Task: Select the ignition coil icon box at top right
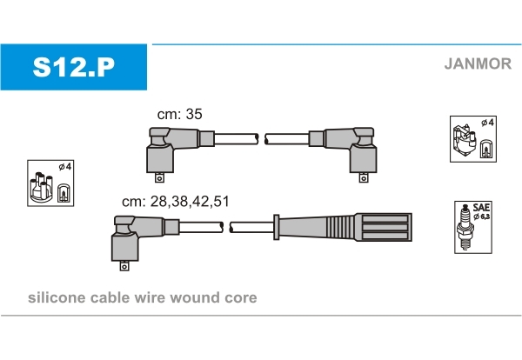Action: pos(472,138)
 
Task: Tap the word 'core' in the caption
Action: pos(241,298)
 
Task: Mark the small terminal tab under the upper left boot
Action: pos(159,179)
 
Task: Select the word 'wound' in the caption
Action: pos(200,298)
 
